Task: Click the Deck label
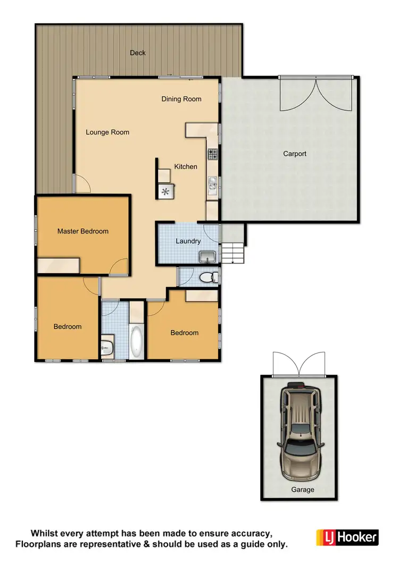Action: [138, 53]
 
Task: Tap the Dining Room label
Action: [181, 99]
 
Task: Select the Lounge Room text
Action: [107, 132]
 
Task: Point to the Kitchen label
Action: [186, 166]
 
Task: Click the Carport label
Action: [294, 154]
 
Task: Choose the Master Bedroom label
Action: [83, 231]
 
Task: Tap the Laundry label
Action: [188, 241]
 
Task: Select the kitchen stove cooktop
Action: [213, 154]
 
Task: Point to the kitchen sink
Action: [212, 184]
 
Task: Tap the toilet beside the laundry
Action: [207, 277]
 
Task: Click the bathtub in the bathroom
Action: [137, 341]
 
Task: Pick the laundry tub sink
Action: [207, 258]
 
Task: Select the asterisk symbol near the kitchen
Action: [165, 192]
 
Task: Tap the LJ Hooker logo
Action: [347, 537]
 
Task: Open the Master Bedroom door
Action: [120, 266]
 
